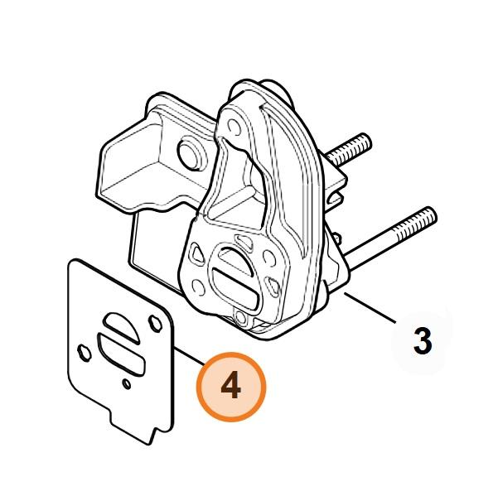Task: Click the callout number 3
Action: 423,341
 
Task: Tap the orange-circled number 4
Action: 231,387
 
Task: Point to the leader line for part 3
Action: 370,309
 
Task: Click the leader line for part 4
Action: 189,357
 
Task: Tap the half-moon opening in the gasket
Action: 122,328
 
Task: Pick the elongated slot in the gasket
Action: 122,354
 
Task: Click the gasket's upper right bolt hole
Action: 156,324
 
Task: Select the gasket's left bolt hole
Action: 85,353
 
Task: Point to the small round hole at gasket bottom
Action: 127,384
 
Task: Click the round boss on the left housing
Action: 191,153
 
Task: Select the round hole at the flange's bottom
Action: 240,317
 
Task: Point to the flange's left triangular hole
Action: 196,254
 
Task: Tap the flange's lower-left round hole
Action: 199,287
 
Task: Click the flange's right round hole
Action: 269,258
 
